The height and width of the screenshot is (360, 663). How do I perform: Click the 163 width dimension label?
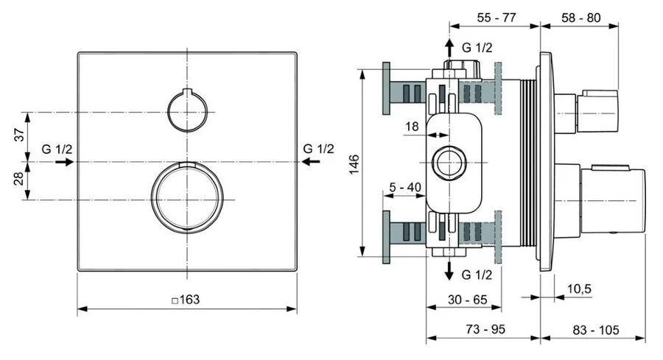click(x=186, y=300)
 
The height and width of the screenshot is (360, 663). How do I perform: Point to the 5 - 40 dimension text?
click(x=404, y=187)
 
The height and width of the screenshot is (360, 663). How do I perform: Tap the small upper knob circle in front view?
click(x=189, y=110)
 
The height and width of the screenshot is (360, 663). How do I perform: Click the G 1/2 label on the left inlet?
click(x=57, y=148)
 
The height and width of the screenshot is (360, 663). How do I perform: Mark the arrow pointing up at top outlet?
click(x=449, y=49)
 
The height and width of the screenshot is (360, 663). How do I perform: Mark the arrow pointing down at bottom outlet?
click(x=449, y=272)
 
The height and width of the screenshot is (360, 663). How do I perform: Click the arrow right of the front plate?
click(x=315, y=159)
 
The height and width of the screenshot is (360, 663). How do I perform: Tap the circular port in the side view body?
click(x=449, y=162)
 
